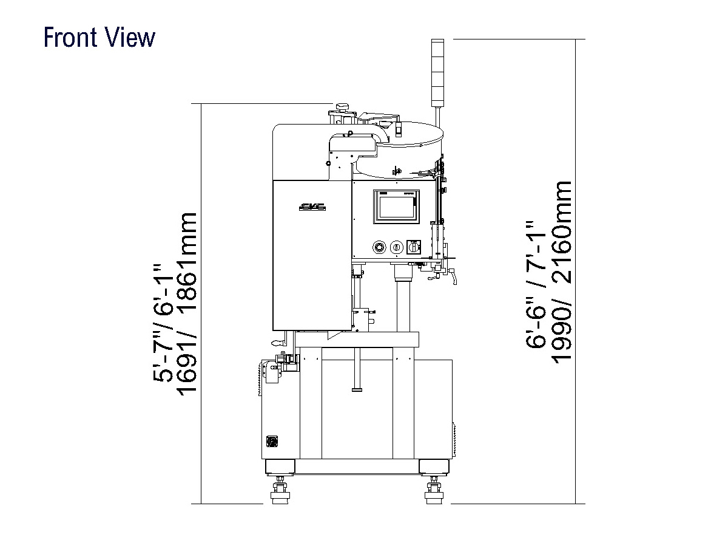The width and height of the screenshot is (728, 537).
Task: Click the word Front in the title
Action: pyautogui.click(x=70, y=38)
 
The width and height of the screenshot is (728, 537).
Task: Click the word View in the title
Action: pyautogui.click(x=130, y=38)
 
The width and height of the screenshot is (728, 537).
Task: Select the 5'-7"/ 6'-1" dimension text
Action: pyautogui.click(x=162, y=323)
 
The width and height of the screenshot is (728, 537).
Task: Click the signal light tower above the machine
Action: pyautogui.click(x=437, y=73)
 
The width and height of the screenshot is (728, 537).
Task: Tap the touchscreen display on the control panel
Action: pyautogui.click(x=396, y=207)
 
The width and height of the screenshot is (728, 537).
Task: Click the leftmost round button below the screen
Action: pyautogui.click(x=379, y=247)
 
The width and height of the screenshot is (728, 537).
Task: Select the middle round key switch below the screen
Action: pyautogui.click(x=396, y=247)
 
